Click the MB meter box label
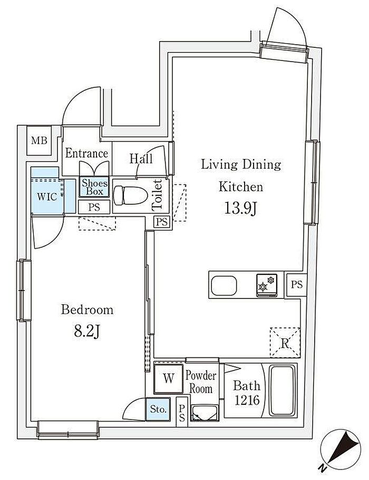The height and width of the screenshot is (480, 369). tap(40, 141)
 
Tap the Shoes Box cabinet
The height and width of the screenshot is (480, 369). tap(94, 187)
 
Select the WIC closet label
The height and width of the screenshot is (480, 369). tap(47, 196)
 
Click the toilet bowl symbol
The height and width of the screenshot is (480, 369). tap(130, 196)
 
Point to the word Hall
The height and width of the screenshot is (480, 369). tap(141, 158)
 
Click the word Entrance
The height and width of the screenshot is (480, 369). tap(86, 153)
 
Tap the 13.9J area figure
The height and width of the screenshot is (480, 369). tap(240, 209)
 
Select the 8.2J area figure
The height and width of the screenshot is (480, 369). tap(87, 332)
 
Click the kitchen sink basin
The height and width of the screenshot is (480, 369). tap(224, 284)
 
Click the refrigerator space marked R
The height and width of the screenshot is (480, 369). tap(285, 342)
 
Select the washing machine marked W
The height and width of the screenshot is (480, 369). tap(168, 378)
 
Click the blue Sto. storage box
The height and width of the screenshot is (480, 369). tap(158, 409)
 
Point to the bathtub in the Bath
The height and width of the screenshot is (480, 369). tap(283, 391)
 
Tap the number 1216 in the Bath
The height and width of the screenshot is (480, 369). tap(247, 400)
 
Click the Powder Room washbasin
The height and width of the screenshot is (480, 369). tap(204, 413)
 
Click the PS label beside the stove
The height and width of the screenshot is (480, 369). tap(297, 285)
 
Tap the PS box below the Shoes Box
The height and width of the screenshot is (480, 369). tap(94, 207)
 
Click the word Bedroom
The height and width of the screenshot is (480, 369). tap(88, 310)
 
